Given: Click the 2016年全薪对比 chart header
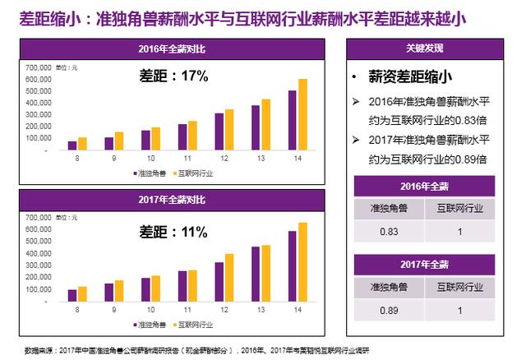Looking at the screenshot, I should tap(173, 49).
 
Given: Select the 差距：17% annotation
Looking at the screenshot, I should tap(172, 76).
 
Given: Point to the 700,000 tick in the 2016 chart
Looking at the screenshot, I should tap(40, 66).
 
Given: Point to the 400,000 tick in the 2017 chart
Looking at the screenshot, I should tap(40, 254).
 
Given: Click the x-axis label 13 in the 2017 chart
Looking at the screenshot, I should tap(261, 309).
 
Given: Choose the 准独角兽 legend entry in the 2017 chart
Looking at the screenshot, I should tap(149, 325).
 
